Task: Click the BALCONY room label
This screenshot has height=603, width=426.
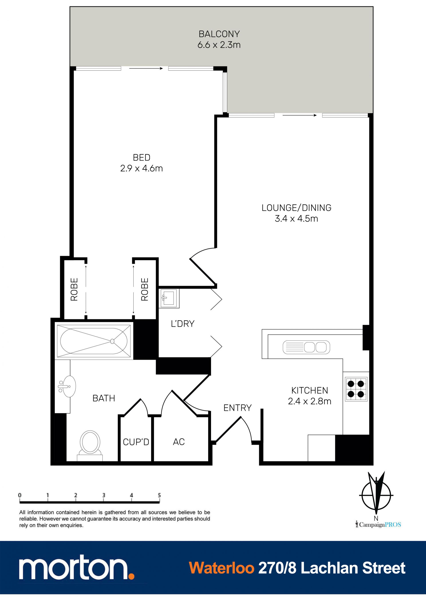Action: (x=219, y=34)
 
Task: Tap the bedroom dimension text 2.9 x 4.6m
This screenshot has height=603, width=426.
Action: (x=142, y=168)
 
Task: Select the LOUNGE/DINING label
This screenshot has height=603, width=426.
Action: (x=296, y=208)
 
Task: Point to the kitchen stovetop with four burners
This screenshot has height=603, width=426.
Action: (x=356, y=389)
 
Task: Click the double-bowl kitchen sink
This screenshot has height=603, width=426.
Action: (x=306, y=347)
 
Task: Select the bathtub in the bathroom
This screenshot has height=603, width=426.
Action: (x=94, y=341)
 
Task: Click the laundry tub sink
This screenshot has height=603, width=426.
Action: (x=169, y=298)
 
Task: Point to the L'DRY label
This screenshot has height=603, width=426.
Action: (x=183, y=324)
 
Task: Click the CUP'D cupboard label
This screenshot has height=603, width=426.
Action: (x=136, y=442)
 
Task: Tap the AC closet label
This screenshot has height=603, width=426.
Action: (x=179, y=442)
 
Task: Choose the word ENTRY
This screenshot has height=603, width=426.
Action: (x=237, y=408)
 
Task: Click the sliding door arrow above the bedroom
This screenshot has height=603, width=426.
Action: (x=146, y=69)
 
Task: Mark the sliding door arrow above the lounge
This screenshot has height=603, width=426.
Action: (x=300, y=115)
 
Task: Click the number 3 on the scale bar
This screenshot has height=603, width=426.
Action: (x=104, y=495)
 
